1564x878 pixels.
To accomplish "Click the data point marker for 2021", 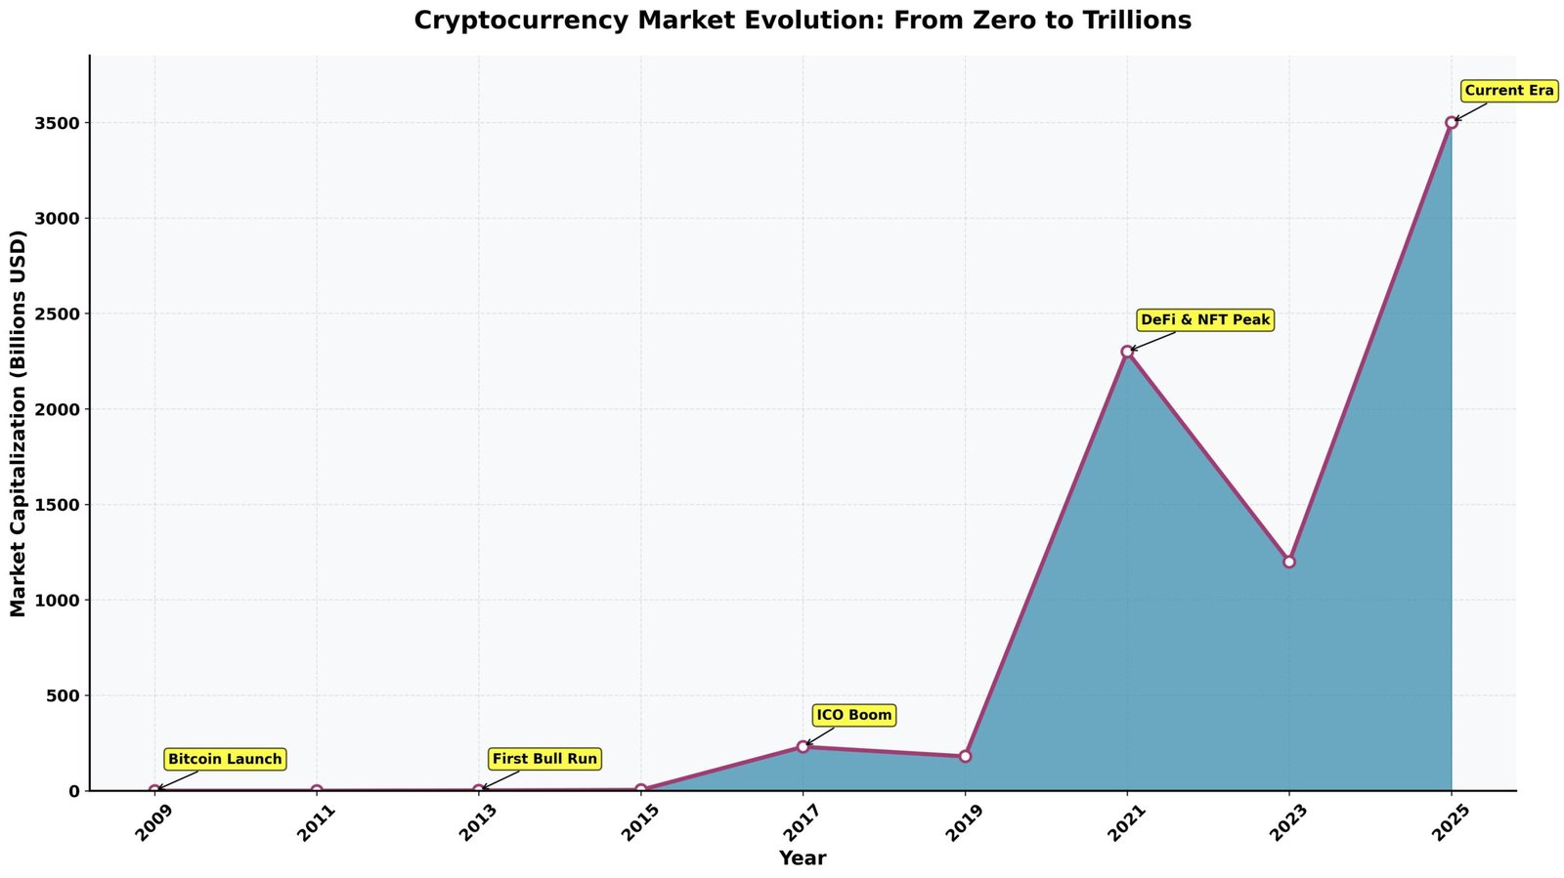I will click(x=1127, y=352).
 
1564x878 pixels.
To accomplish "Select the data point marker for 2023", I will click(x=1289, y=562).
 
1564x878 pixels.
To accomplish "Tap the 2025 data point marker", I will click(x=1452, y=122).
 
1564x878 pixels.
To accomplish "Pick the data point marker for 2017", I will click(x=803, y=746).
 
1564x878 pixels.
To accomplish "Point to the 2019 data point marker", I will click(x=965, y=756).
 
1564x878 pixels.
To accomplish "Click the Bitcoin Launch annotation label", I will click(x=225, y=759).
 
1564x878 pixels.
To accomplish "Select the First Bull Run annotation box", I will click(x=544, y=759).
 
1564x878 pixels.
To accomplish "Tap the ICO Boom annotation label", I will click(x=853, y=716).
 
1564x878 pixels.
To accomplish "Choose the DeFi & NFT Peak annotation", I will click(x=1205, y=319).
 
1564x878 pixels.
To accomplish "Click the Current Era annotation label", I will click(x=1509, y=91).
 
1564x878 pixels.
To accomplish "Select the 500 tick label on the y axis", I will click(x=65, y=695).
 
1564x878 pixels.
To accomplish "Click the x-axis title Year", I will click(x=803, y=858).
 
